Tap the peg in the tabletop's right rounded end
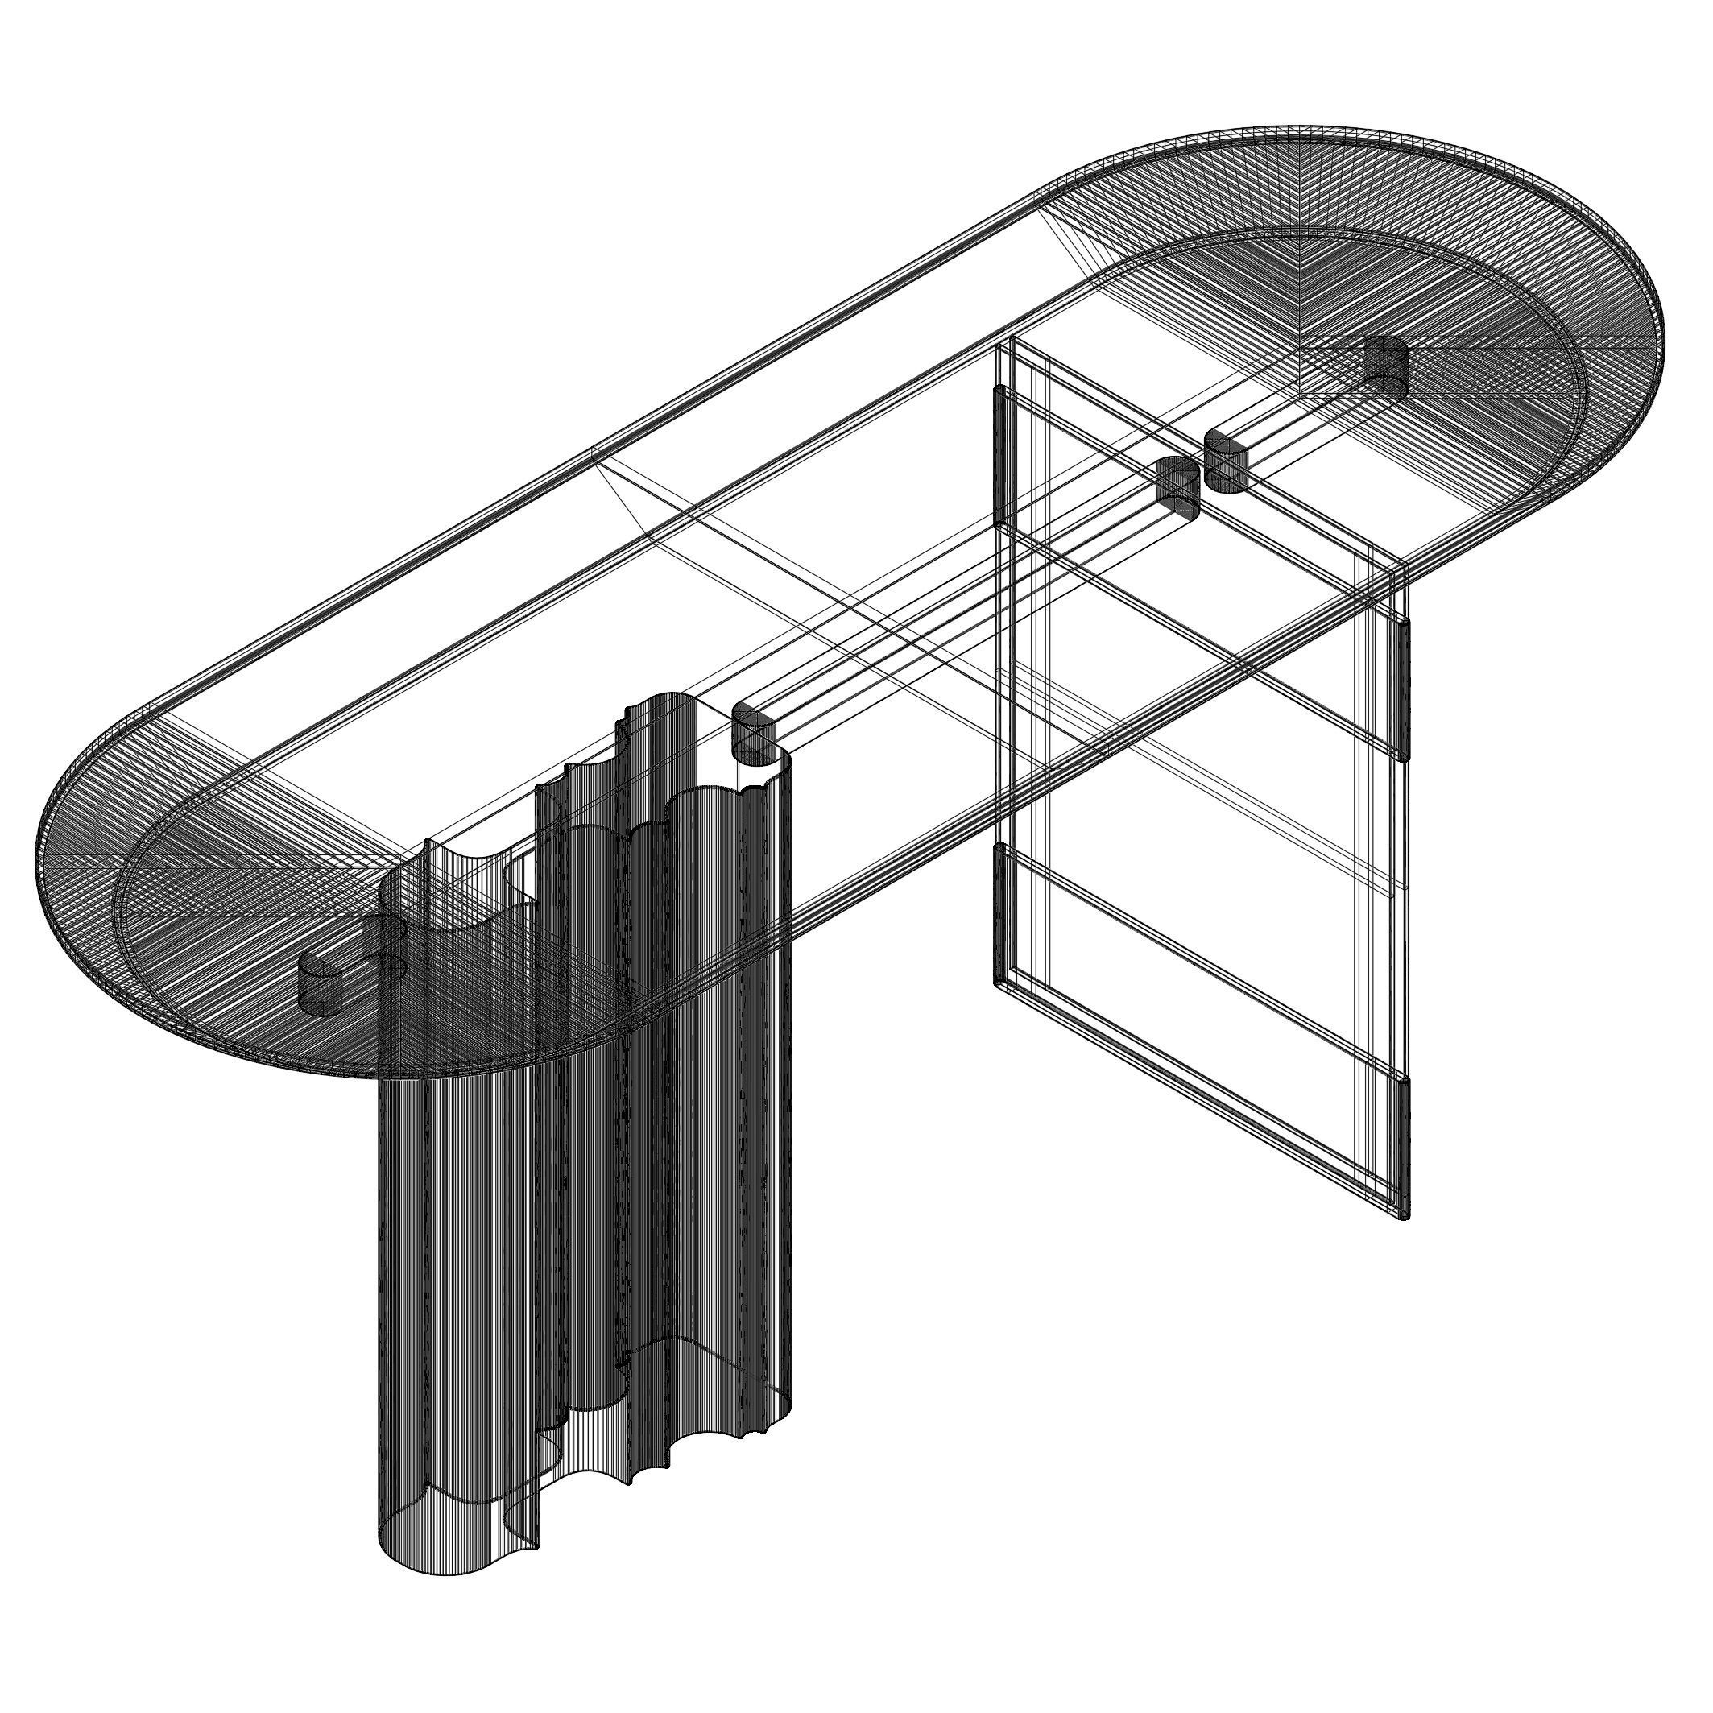1386,366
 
